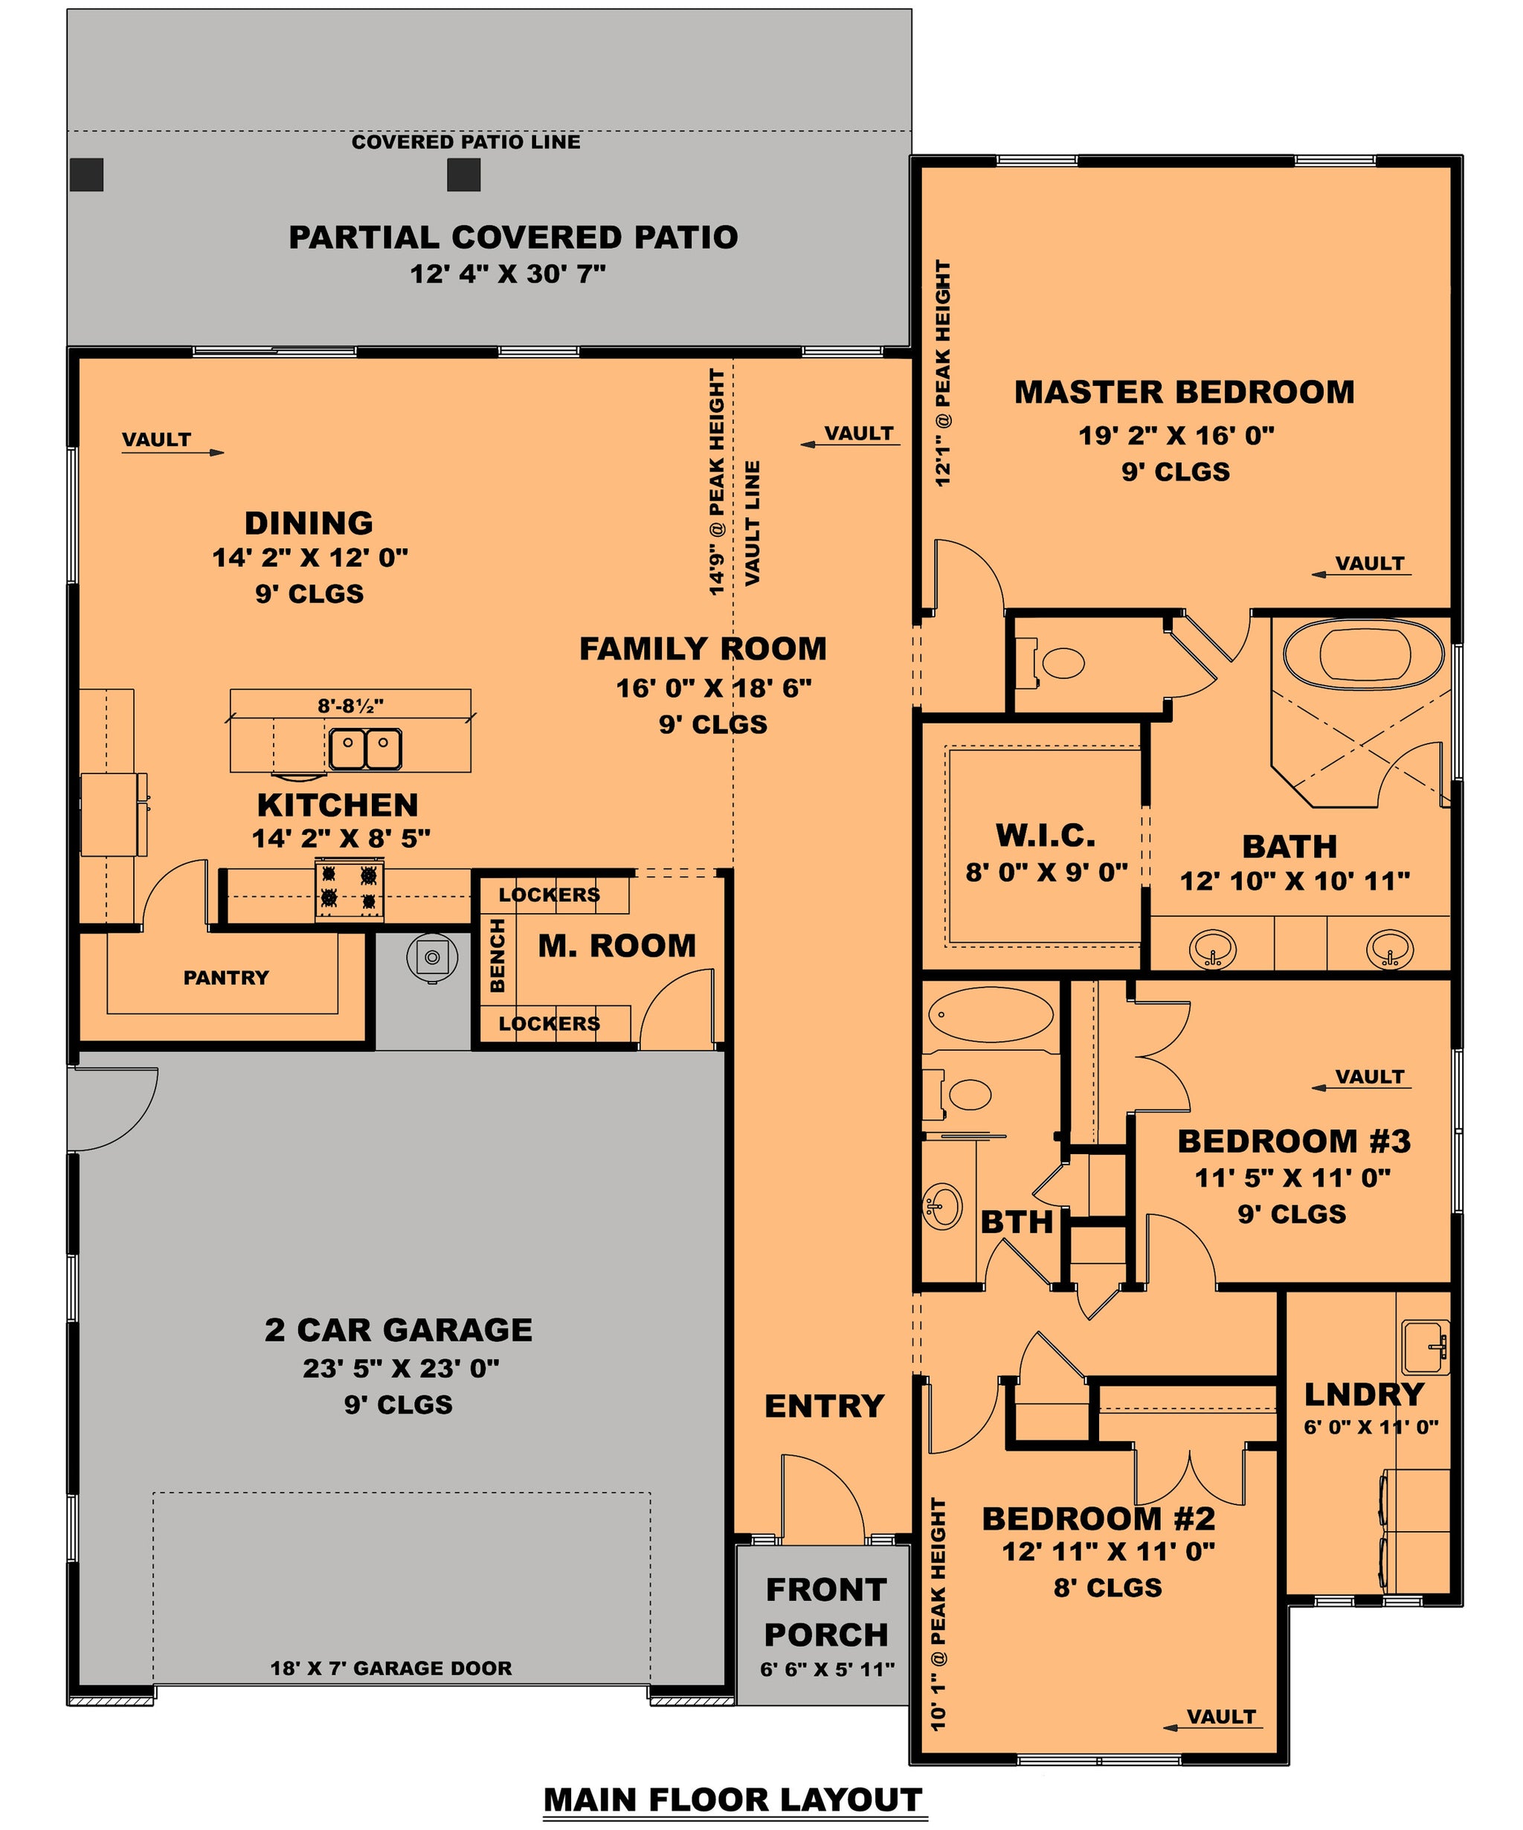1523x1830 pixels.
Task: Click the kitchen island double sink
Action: [365, 749]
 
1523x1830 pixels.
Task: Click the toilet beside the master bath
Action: [1052, 663]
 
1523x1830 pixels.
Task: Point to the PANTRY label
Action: [225, 978]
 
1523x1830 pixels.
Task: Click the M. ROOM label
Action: [617, 946]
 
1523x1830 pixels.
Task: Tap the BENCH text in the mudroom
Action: [498, 955]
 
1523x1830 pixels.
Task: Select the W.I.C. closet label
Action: [1046, 836]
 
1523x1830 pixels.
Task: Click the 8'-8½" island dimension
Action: [350, 705]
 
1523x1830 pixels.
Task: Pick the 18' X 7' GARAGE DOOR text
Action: [391, 1668]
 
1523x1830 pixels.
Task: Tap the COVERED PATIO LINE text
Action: [466, 142]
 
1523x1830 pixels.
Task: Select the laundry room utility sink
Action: [1425, 1347]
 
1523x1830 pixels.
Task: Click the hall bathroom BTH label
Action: [1016, 1222]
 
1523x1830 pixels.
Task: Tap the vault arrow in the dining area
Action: [173, 452]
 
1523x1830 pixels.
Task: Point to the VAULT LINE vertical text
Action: [753, 523]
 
